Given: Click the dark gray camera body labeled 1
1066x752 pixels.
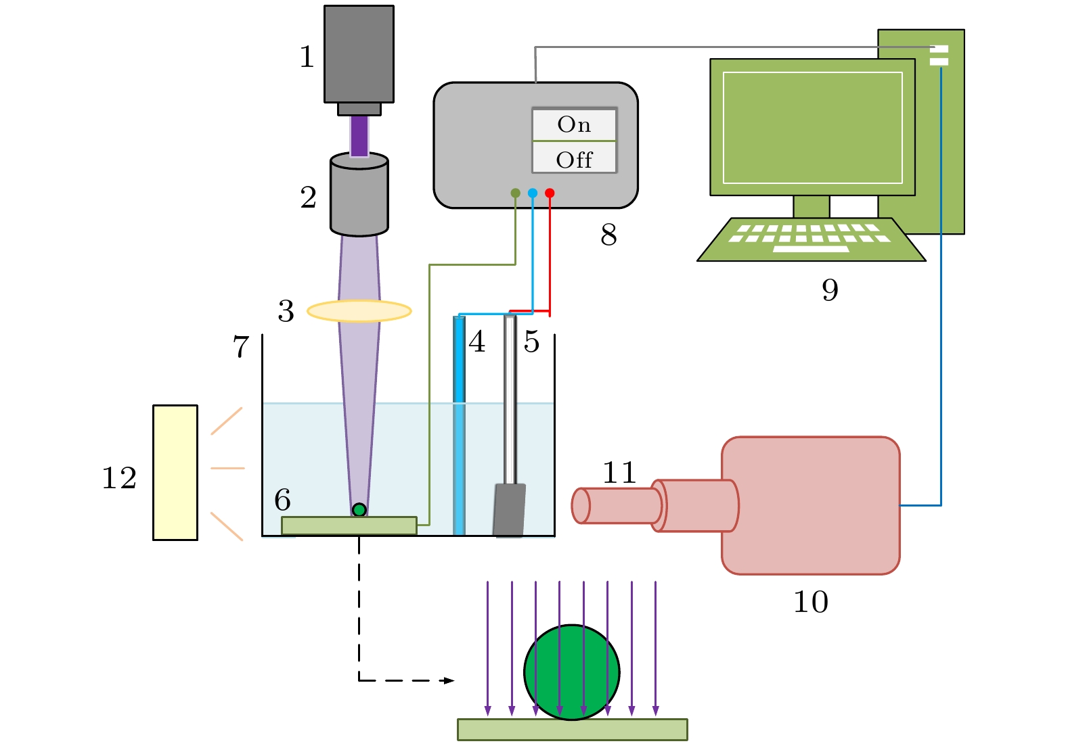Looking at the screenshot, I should pos(359,54).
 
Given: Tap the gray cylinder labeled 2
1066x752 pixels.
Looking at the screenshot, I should pos(359,197).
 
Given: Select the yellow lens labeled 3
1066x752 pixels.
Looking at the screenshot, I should pos(359,311).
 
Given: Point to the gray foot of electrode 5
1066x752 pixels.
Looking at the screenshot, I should pos(510,510).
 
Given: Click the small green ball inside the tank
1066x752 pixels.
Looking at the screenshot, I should pos(359,510).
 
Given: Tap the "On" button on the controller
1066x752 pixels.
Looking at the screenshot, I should pos(574,124).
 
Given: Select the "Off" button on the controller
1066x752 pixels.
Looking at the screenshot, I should pos(574,160).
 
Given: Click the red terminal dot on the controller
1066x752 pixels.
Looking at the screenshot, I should pos(550,193).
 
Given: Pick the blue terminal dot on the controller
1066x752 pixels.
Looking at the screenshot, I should pos(533,193).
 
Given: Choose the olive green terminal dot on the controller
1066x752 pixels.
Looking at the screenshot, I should pos(515,193).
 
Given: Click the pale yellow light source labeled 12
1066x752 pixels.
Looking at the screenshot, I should pos(175,472).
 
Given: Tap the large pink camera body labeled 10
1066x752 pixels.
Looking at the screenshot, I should pos(810,505).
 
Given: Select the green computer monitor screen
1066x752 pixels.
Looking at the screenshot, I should pos(812,127).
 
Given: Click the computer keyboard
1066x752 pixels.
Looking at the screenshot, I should pos(811,239).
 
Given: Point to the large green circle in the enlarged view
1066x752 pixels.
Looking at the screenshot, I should pos(572,672).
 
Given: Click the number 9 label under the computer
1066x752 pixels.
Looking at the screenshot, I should pos(830,289).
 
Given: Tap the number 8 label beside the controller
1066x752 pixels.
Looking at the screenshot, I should pos(608,235).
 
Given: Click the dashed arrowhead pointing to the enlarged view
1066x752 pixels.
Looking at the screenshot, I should pos(448,680).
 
